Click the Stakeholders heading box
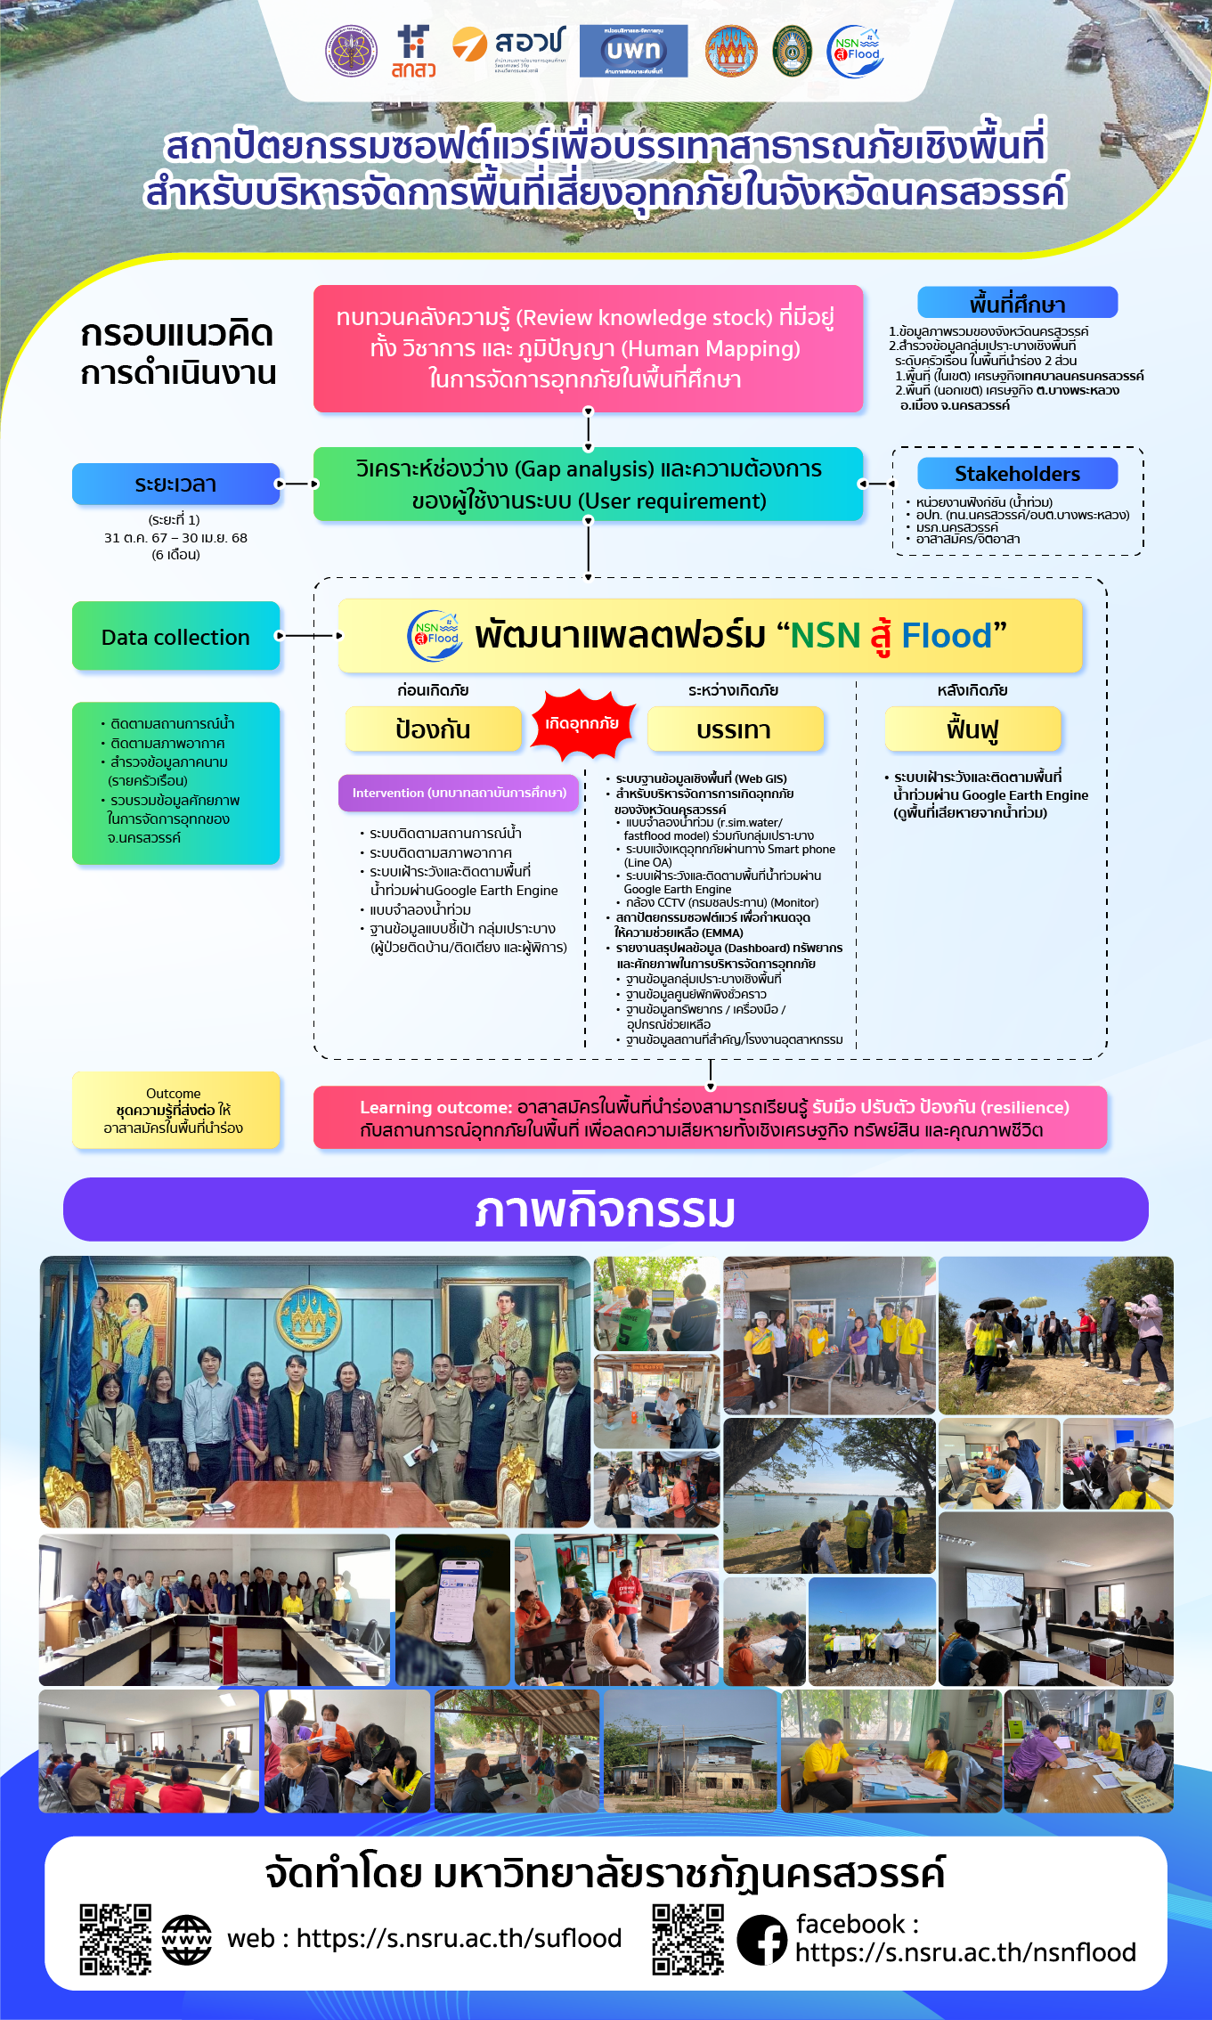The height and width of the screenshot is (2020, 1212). click(x=1017, y=473)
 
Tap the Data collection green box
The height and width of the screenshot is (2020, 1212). click(x=175, y=636)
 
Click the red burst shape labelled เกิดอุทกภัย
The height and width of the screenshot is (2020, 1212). click(x=582, y=724)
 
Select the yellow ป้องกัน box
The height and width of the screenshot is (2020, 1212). click(x=433, y=729)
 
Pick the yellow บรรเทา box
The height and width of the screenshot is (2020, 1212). click(x=735, y=729)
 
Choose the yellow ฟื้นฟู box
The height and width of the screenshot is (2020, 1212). click(x=972, y=729)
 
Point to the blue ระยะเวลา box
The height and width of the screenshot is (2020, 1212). click(x=175, y=484)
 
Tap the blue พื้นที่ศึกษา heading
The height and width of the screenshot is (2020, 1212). click(x=1017, y=304)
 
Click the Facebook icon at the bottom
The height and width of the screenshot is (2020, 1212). click(x=762, y=1939)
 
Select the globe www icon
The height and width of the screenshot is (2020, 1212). click(x=187, y=1939)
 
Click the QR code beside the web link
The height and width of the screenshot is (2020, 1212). click(x=116, y=1939)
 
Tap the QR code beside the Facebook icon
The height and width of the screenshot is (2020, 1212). click(x=687, y=1939)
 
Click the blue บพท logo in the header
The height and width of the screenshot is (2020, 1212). click(x=633, y=51)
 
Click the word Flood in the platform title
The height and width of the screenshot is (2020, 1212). click(x=946, y=636)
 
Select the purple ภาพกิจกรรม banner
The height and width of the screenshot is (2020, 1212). click(x=606, y=1210)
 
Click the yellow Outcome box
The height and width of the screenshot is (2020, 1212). click(x=175, y=1111)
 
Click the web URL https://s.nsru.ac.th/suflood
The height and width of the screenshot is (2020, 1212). click(x=458, y=1939)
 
